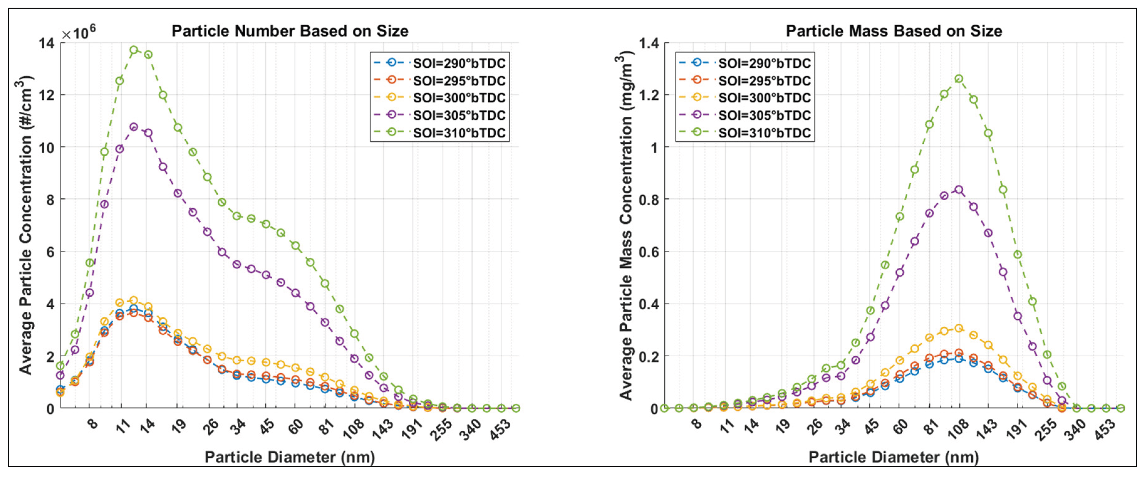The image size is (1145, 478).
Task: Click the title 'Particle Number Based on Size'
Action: tap(290, 31)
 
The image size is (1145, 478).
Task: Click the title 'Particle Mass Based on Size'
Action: tap(893, 31)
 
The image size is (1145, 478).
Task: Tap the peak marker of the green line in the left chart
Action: tap(134, 50)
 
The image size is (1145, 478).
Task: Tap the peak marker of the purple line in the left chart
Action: tap(134, 127)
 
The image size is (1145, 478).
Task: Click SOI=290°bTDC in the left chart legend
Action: tap(459, 64)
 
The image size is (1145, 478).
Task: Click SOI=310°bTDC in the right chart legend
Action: tap(764, 133)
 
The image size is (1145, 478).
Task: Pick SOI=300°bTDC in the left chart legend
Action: tap(459, 98)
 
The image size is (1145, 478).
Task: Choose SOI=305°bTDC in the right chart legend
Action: tap(764, 115)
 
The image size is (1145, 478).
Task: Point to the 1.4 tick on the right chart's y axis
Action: tap(648, 43)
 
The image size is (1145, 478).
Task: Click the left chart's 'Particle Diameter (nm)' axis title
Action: tap(290, 457)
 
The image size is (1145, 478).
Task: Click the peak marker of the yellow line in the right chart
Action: tap(959, 328)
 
